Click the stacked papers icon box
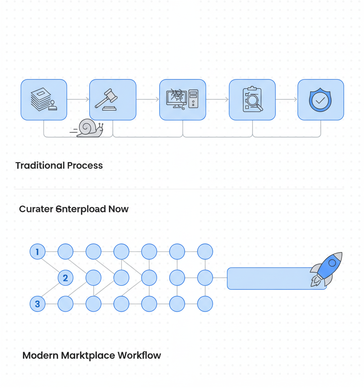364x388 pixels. coord(44,100)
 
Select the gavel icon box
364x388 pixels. coord(113,100)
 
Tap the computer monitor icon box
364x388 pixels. coord(182,100)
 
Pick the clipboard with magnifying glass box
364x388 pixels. coord(252,100)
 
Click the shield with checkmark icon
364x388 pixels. coord(320,100)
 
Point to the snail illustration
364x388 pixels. coord(88,128)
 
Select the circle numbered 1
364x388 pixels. coord(37,252)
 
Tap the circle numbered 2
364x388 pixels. coord(65,278)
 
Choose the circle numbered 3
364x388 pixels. coord(37,304)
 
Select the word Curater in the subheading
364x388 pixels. coord(36,209)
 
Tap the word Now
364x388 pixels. coord(118,209)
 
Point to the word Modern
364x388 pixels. coord(40,356)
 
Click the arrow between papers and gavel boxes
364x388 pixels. coord(78,99)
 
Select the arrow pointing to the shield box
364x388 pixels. coord(287,99)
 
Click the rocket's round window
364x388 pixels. coord(332,263)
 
